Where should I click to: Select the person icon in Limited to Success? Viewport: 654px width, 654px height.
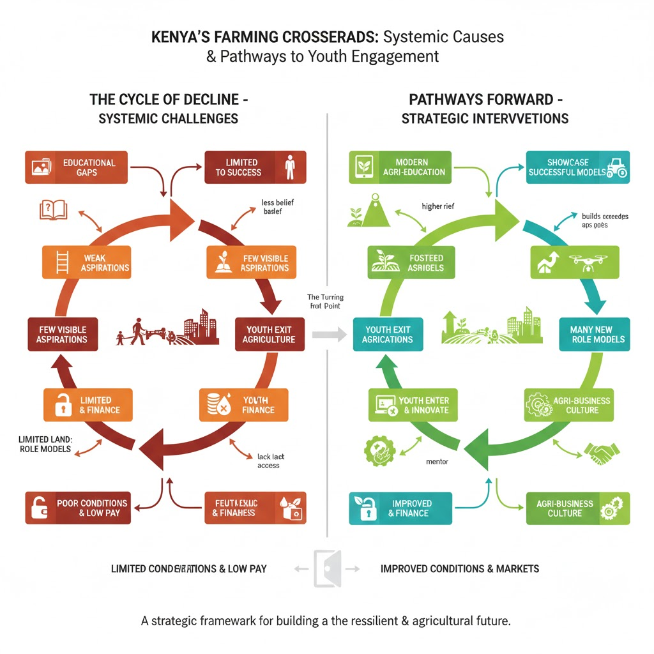point(289,167)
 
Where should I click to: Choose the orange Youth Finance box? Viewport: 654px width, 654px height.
point(243,405)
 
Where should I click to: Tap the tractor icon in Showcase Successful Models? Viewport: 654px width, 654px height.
point(617,167)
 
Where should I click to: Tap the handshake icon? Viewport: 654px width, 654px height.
point(601,455)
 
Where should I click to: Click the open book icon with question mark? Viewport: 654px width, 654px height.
point(53,209)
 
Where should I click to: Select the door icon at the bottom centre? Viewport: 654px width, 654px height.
point(327,568)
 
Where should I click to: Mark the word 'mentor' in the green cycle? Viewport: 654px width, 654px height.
point(437,461)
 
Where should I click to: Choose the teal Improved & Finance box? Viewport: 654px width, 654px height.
point(400,508)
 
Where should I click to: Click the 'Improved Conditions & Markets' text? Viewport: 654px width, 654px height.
point(460,568)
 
